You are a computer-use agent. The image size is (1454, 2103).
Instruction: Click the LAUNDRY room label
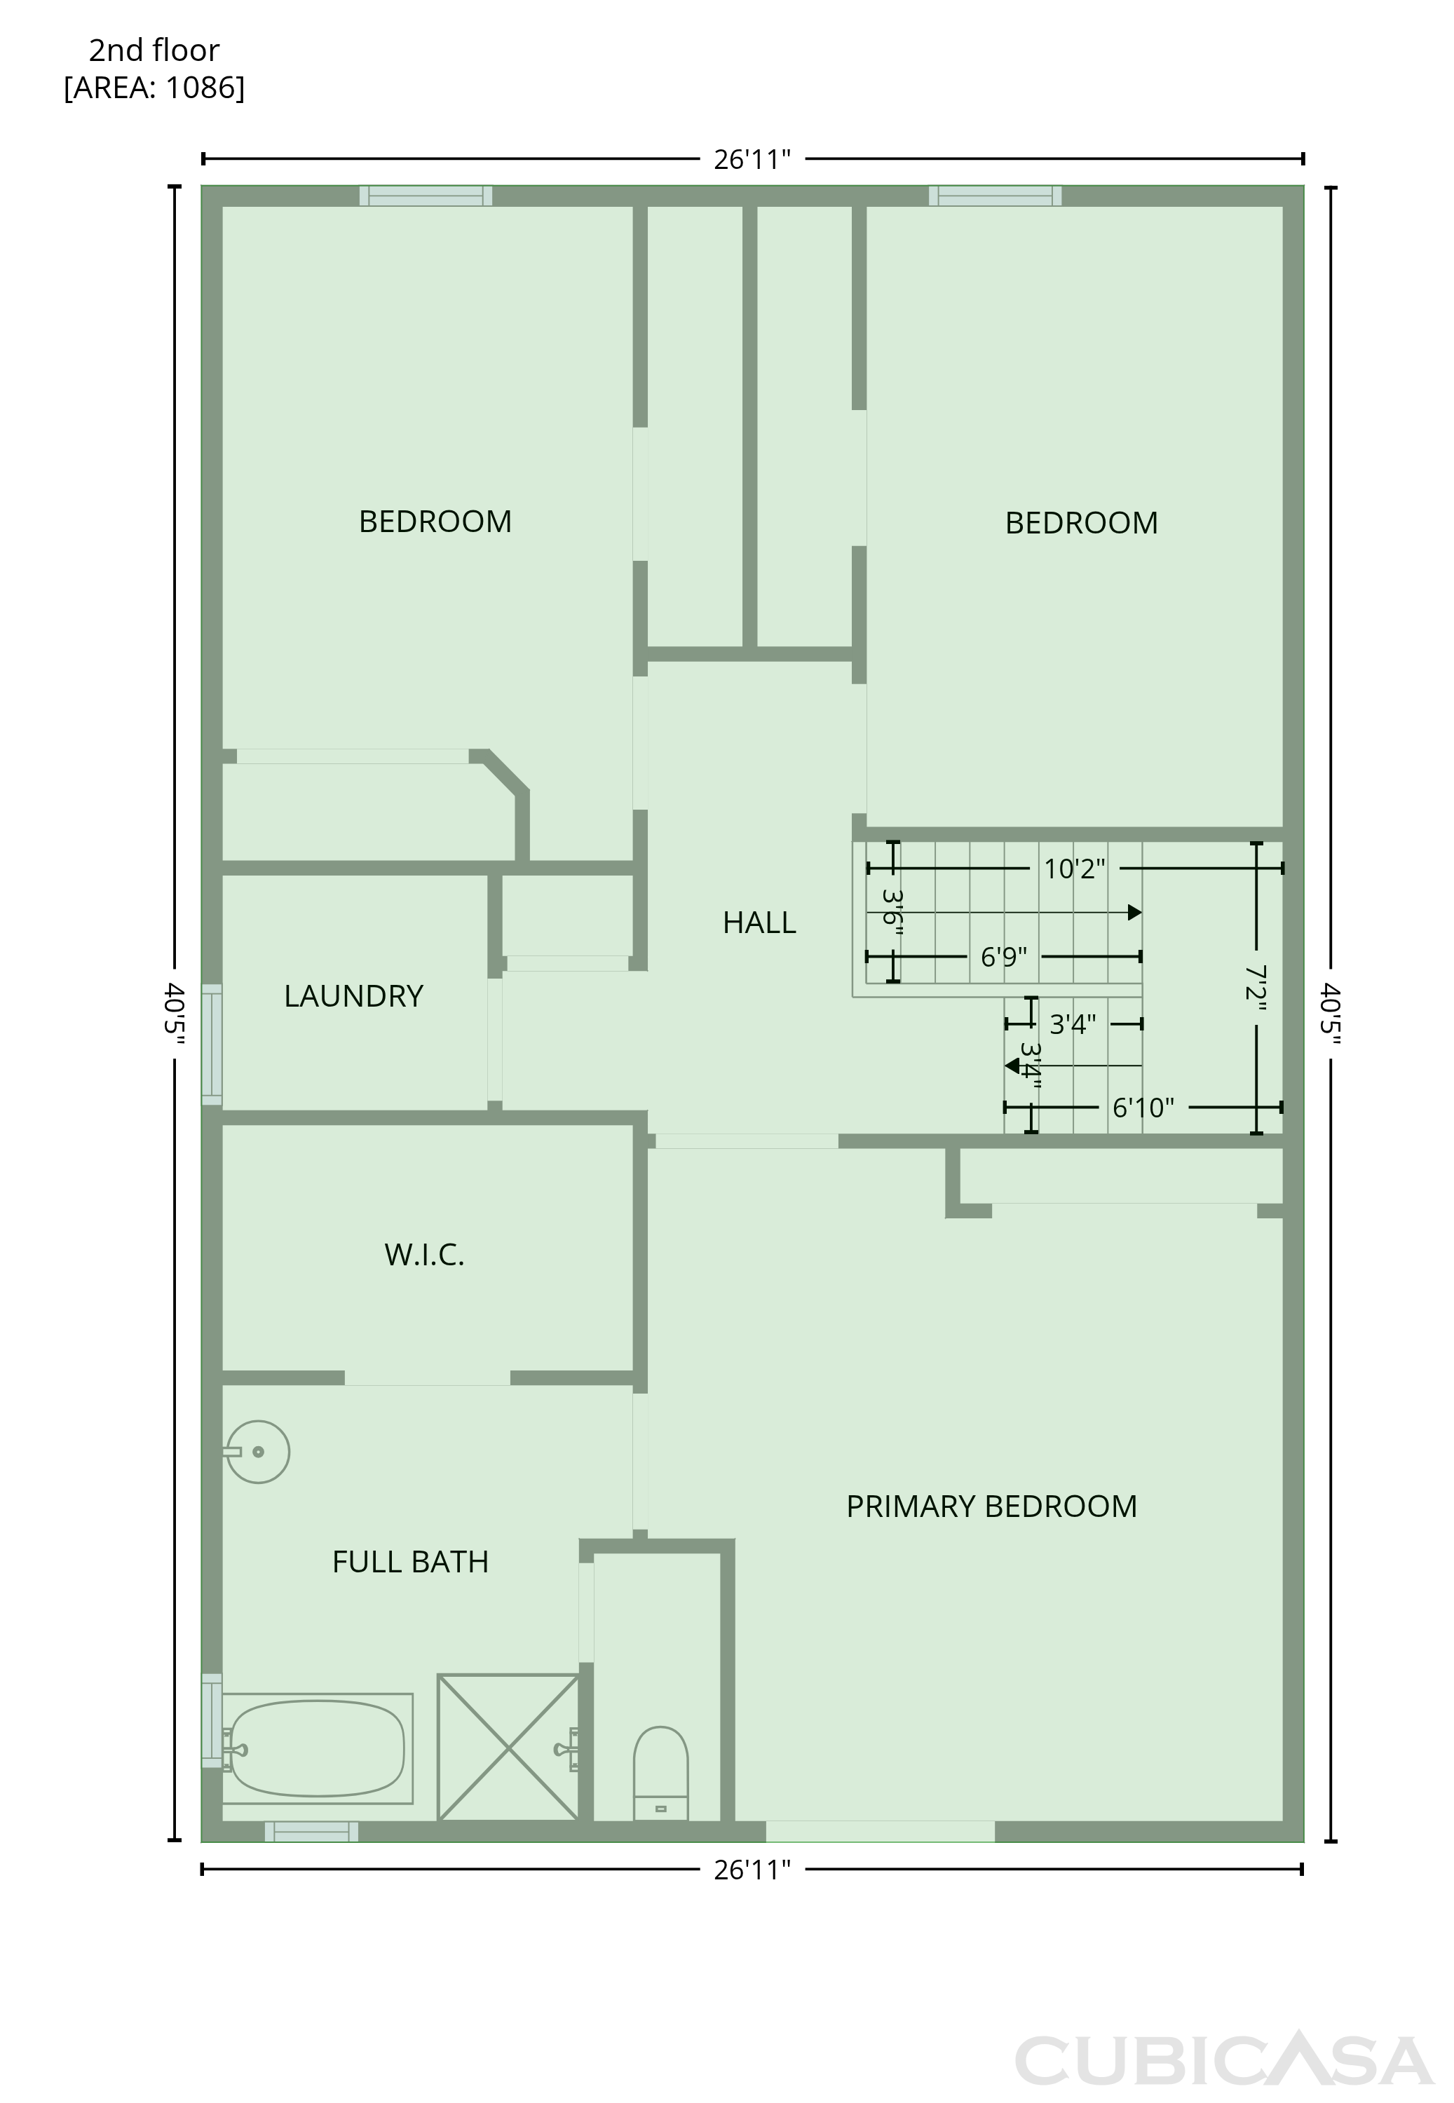353,996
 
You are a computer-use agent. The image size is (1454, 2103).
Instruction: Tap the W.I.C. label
425,1255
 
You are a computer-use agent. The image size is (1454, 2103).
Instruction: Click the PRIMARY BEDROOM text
991,1506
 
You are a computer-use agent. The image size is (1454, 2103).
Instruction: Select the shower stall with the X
508,1747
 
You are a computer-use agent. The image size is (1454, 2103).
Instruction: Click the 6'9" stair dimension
1004,958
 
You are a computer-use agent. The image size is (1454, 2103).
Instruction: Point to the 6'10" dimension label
1143,1108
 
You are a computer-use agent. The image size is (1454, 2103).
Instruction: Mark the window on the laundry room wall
211,1044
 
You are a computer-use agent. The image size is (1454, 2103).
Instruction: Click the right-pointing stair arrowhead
1135,912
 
